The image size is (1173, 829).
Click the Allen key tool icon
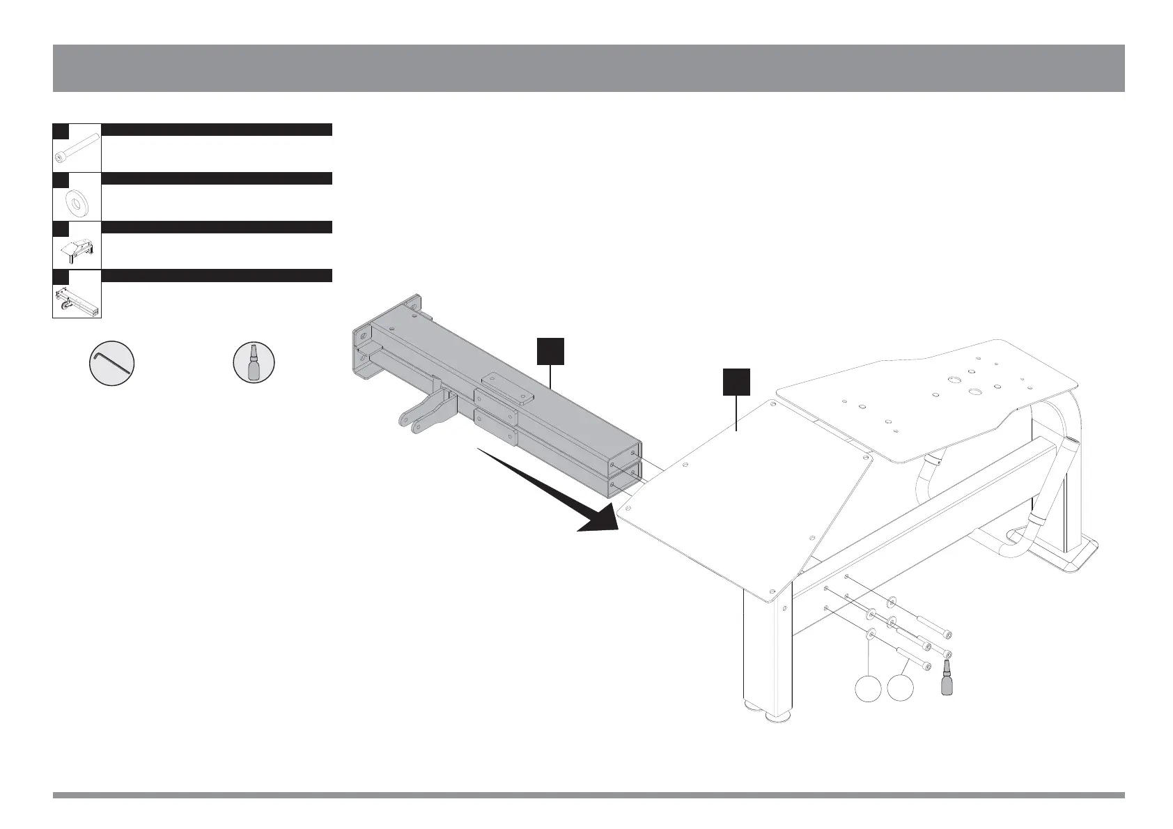(x=112, y=362)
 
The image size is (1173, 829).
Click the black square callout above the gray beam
(x=550, y=351)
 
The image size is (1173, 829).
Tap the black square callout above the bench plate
(x=736, y=381)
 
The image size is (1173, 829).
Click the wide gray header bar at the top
(x=589, y=68)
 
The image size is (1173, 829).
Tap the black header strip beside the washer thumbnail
(x=216, y=178)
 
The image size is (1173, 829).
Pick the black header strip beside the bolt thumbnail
(x=216, y=130)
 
